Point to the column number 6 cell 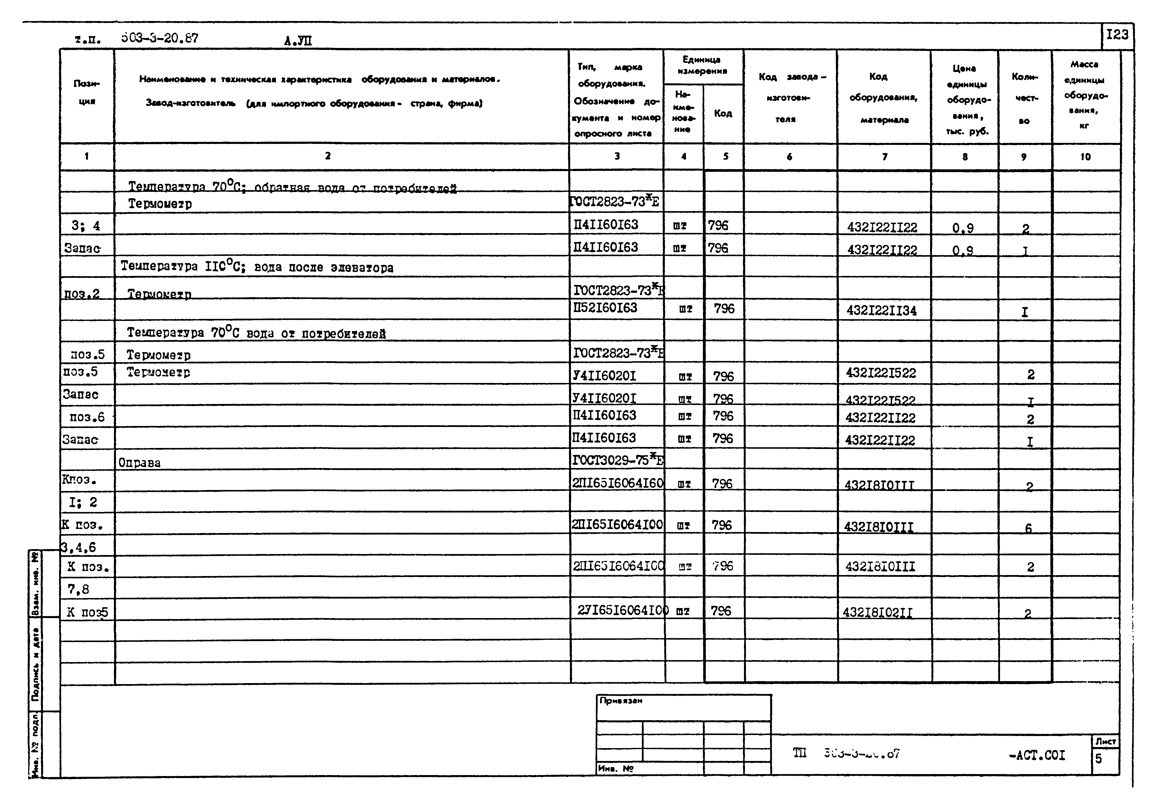coord(789,157)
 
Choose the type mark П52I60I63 coord(606,308)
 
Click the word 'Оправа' coord(140,463)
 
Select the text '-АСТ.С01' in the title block coord(1037,755)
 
